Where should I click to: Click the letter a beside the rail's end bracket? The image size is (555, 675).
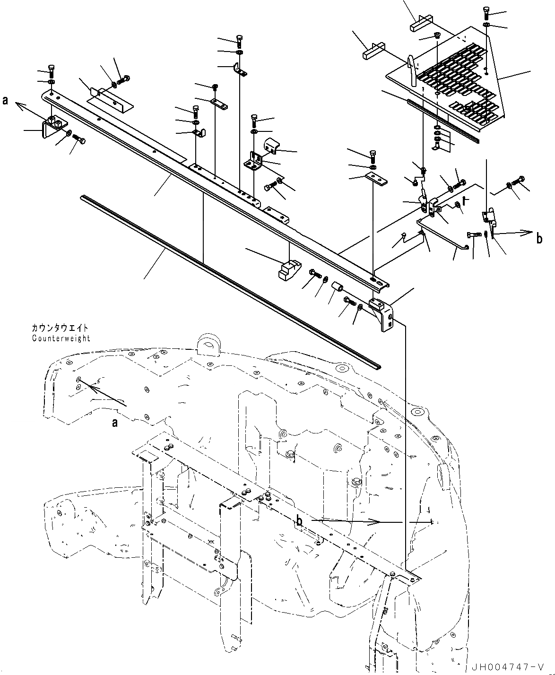(x=6, y=100)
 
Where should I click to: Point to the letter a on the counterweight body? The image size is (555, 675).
(x=114, y=423)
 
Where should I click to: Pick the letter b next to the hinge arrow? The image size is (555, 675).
(x=539, y=239)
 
